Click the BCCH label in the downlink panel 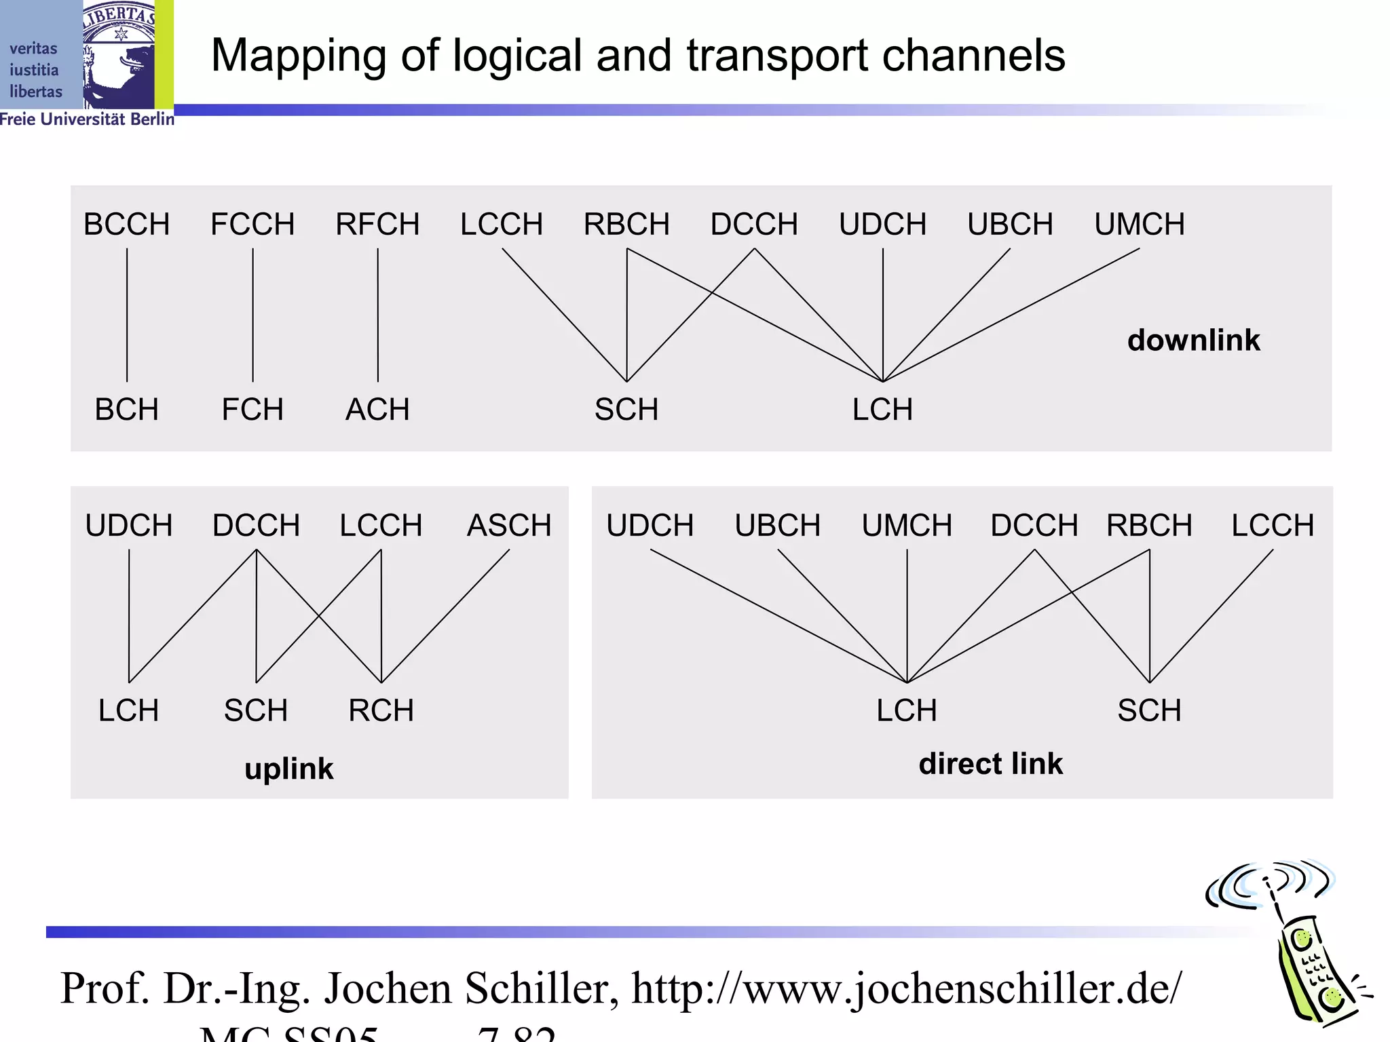point(126,225)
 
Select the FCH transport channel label point(252,410)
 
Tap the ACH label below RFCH point(377,410)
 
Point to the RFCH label point(377,225)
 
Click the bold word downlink point(1193,341)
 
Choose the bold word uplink point(289,769)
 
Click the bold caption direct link point(990,764)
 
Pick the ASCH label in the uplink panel point(509,526)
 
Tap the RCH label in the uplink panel point(381,711)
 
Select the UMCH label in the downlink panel point(1140,225)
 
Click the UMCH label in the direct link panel point(907,526)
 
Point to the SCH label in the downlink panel point(626,410)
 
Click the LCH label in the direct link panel point(907,711)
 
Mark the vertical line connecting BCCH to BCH point(127,315)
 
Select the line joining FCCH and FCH point(253,315)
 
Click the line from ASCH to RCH point(445,616)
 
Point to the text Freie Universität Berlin point(87,119)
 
